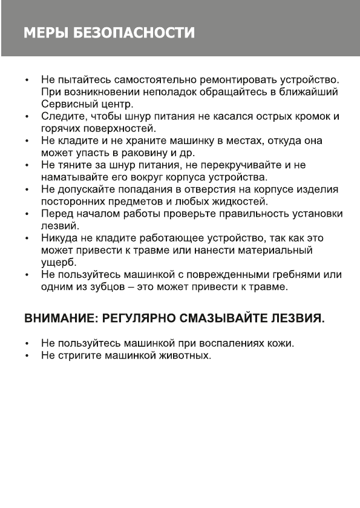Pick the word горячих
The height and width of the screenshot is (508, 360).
[x=59, y=128]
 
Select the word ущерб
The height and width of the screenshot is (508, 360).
[x=57, y=263]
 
